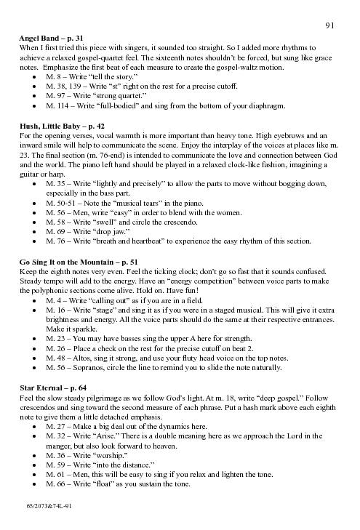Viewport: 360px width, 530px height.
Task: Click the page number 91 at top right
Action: (330, 25)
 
